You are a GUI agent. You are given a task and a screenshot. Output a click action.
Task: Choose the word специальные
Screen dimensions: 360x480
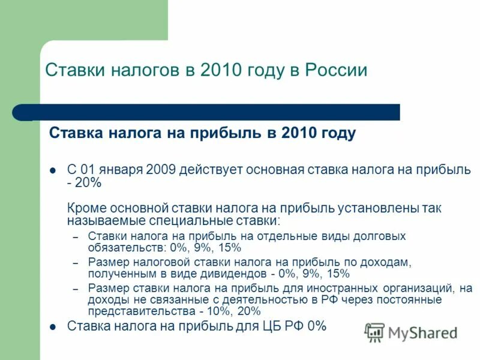click(181, 221)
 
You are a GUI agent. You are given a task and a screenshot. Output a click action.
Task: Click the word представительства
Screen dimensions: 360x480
click(142, 311)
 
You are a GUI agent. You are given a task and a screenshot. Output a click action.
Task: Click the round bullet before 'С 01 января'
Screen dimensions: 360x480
click(53, 170)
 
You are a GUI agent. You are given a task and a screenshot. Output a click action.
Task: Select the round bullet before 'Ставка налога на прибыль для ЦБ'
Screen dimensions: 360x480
click(53, 327)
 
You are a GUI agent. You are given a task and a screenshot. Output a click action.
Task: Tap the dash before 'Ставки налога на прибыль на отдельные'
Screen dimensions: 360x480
click(76, 237)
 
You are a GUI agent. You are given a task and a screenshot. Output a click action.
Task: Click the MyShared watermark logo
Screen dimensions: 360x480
click(412, 332)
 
